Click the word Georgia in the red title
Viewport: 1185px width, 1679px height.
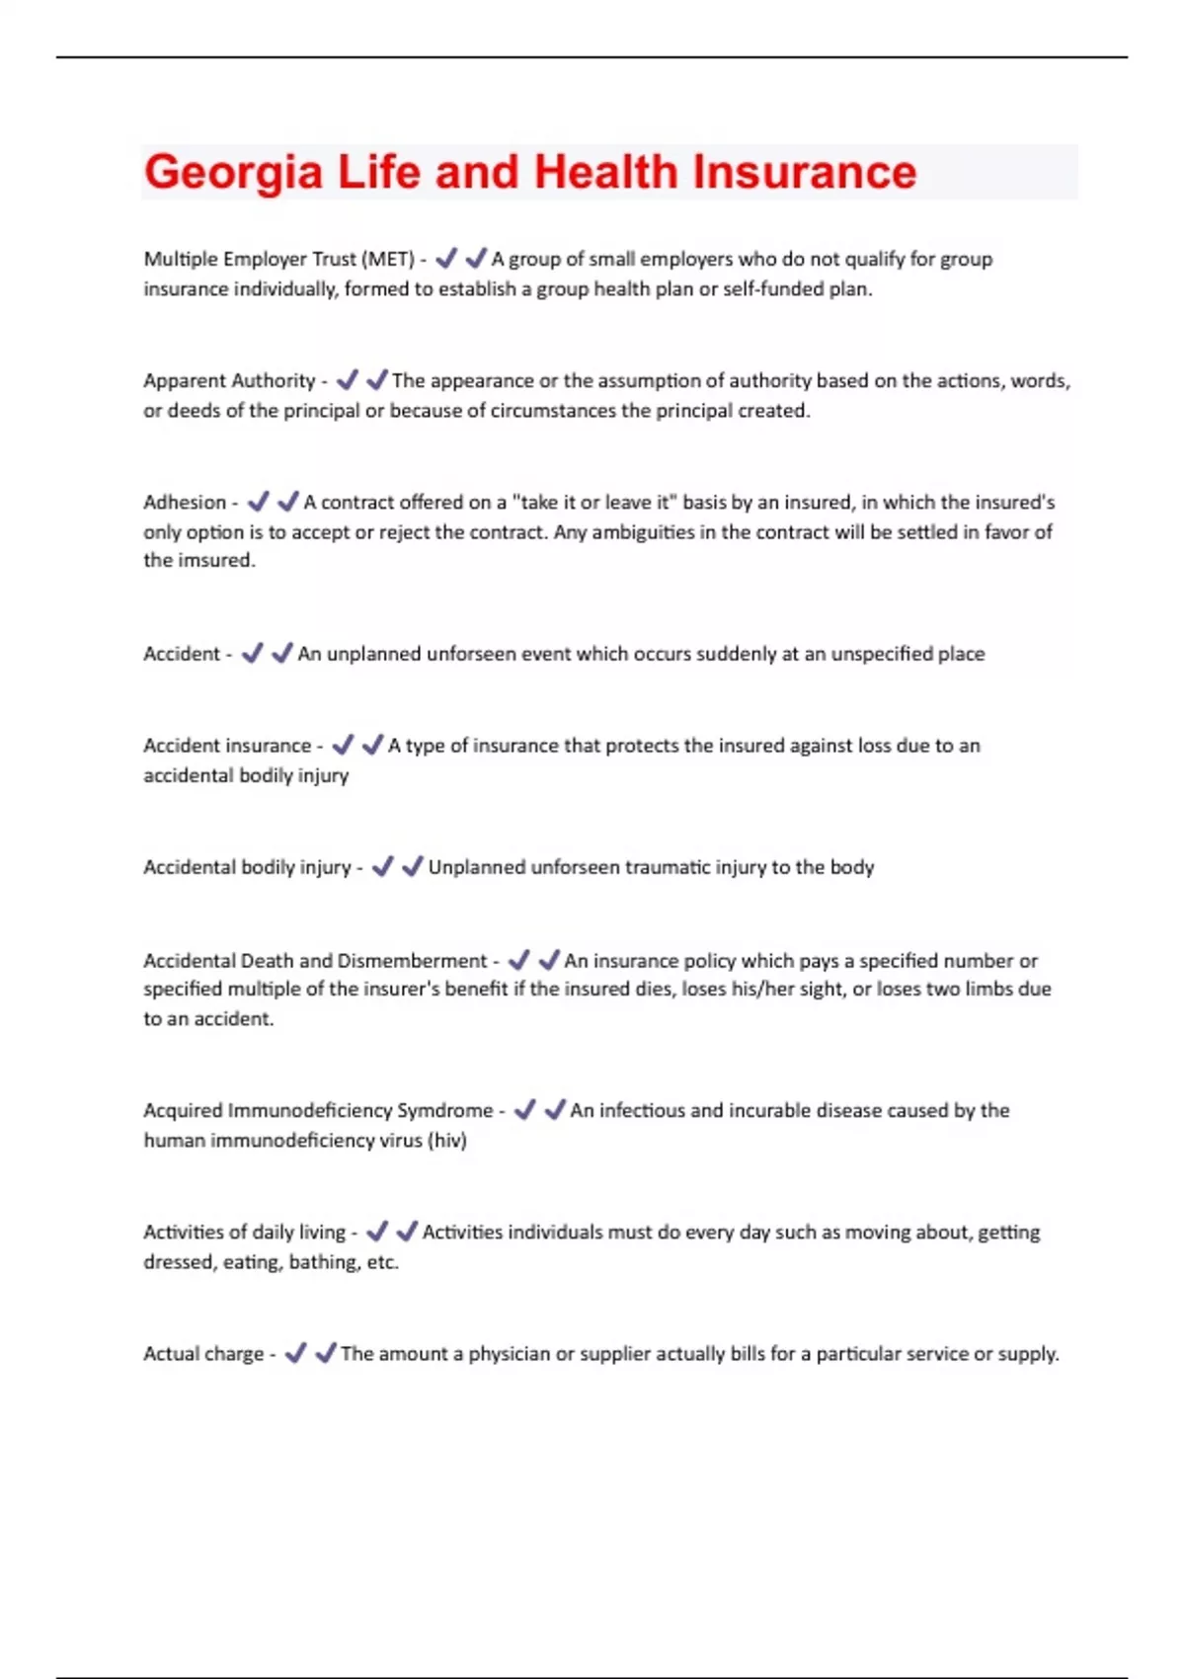[233, 173]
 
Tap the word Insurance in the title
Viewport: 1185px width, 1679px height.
[804, 172]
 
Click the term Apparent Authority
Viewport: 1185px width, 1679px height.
[229, 380]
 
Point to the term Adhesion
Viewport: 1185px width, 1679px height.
[185, 502]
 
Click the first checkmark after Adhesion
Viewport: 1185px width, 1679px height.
[258, 502]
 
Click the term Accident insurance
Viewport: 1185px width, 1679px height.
[227, 746]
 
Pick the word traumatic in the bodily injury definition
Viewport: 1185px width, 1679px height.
[649, 867]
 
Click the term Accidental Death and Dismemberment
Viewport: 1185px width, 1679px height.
[315, 960]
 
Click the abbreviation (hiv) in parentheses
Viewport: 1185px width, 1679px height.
[447, 1140]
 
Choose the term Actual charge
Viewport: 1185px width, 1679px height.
[203, 1353]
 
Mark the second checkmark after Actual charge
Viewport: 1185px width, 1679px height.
[325, 1353]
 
